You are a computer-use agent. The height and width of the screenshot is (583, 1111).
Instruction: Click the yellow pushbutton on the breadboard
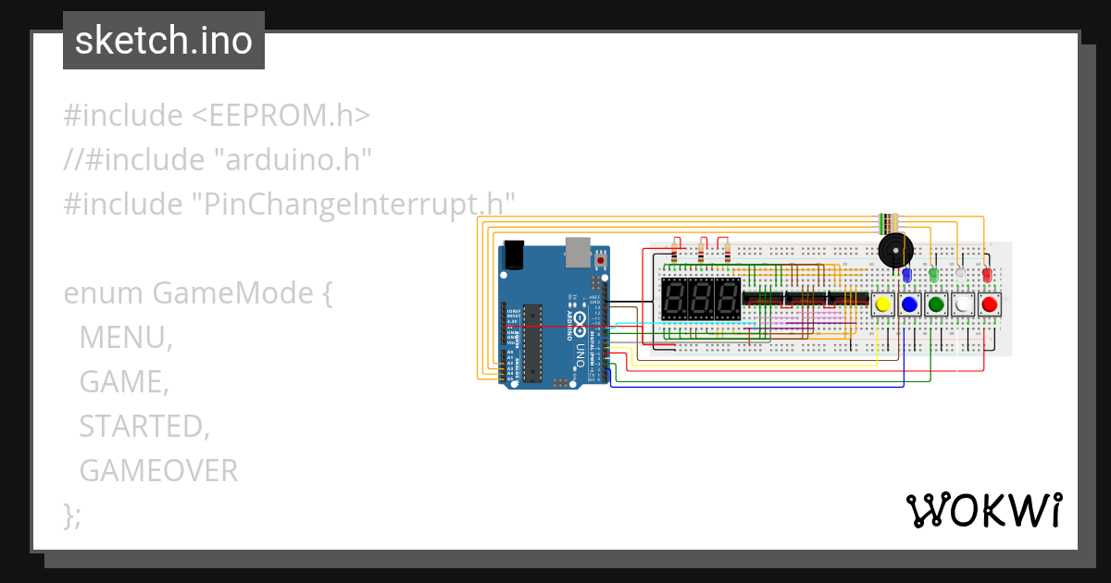pos(882,304)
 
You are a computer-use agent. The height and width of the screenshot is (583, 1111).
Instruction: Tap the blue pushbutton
pos(909,304)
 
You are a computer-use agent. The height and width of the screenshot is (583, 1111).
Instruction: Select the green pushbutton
pos(936,304)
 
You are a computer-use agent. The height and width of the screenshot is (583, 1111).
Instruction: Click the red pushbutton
pos(990,304)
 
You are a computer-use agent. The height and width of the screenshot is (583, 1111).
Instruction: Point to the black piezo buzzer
pos(894,249)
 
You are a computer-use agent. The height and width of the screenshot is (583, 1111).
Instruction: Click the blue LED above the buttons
pos(907,275)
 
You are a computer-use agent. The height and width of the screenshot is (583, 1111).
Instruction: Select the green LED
pos(934,274)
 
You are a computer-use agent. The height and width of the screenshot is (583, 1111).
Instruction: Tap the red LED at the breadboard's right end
pos(987,274)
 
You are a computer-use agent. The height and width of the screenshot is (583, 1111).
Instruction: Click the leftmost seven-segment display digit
pos(675,299)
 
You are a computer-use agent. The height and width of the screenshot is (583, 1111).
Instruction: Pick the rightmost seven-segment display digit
pos(728,299)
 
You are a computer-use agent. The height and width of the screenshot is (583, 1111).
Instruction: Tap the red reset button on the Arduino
pos(601,261)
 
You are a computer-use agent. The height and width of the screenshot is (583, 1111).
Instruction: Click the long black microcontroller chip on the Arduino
pos(531,342)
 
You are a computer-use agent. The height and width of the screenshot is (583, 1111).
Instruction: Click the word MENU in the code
pos(125,337)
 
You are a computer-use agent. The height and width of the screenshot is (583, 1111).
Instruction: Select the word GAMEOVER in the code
pos(158,471)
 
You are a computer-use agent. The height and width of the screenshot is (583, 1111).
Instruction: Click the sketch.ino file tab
pos(164,41)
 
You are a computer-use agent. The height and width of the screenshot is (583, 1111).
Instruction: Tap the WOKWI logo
pos(983,510)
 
